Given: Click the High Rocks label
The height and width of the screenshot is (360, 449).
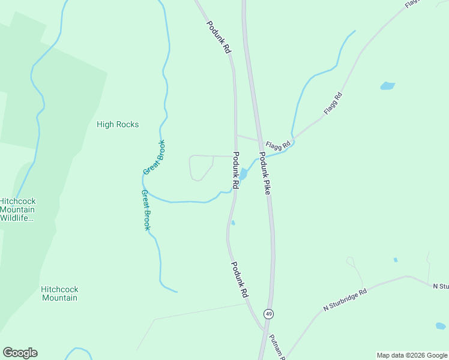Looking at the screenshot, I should [x=118, y=125].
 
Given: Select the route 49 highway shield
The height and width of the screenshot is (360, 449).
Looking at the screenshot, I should [x=269, y=314].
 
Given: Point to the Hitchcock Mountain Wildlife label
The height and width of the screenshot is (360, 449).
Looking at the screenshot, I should [x=17, y=209].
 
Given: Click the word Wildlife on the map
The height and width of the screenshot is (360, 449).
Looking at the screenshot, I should [x=17, y=218].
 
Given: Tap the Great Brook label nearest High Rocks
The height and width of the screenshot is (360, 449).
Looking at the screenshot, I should [x=154, y=158].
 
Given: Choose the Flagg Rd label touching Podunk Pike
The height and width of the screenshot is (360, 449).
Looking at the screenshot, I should [x=279, y=145].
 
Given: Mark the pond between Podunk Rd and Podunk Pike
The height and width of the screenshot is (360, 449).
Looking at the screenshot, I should [x=243, y=174].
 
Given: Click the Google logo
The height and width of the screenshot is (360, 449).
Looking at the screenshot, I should [x=20, y=353].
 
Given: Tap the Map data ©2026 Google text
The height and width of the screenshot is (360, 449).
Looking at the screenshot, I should [x=411, y=355].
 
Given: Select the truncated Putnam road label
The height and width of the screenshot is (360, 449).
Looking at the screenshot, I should [x=277, y=346].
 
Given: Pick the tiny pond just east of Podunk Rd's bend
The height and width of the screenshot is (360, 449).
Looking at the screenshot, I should [x=233, y=223].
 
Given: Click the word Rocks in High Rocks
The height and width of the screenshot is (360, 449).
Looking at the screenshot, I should [x=127, y=125].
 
